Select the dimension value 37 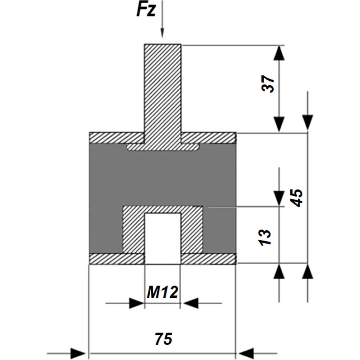click(268, 84)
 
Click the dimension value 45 click(296, 198)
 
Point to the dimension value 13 click(265, 237)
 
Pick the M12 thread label click(162, 292)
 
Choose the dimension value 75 click(163, 339)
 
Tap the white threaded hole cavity click(163, 238)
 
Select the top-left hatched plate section click(117, 138)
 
